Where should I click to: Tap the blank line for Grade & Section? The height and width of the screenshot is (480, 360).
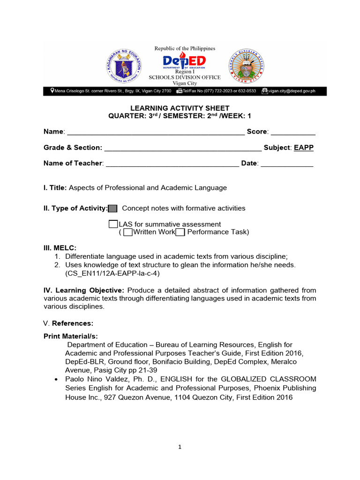coord(183,148)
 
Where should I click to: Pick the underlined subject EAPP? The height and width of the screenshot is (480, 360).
coord(304,148)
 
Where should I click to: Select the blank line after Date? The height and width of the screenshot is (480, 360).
coord(287,164)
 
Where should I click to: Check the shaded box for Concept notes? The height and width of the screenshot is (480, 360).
coord(113,209)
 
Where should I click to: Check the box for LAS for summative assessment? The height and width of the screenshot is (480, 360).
coord(113,224)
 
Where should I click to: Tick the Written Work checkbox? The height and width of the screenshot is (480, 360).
coord(128,232)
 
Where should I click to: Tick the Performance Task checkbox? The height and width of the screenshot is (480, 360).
coord(180,232)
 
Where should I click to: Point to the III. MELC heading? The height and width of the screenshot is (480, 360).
coord(60,248)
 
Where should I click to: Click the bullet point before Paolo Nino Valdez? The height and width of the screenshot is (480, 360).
coord(56,379)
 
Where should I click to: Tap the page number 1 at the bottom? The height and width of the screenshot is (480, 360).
coord(180,447)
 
